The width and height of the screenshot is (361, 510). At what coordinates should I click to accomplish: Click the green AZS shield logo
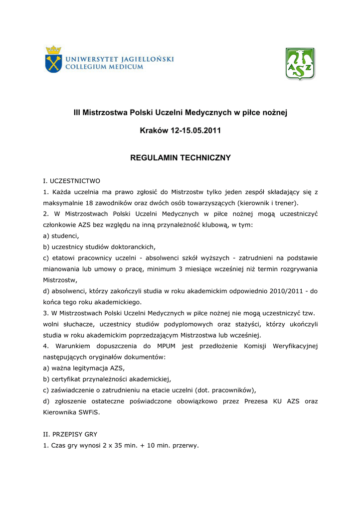point(300,64)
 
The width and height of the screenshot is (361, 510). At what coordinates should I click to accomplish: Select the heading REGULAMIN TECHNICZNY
point(180,158)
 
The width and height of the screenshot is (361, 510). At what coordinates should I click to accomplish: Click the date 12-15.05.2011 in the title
point(195,130)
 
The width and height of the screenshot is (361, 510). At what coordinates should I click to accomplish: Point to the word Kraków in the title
point(154,130)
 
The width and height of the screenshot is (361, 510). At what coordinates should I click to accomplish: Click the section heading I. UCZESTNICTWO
point(72,181)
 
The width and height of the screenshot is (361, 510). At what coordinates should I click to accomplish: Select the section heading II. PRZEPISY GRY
point(70,434)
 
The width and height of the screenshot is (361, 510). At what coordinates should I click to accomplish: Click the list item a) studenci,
point(61,236)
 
